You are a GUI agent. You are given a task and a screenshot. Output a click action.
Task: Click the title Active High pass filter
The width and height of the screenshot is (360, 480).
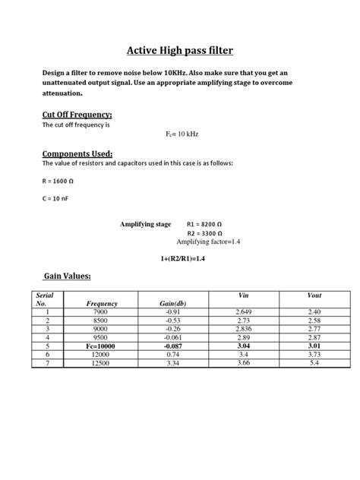179,51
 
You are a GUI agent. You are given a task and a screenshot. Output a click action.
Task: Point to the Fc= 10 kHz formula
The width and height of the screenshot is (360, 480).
181,133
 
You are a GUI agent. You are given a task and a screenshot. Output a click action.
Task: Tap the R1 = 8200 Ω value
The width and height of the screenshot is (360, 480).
205,225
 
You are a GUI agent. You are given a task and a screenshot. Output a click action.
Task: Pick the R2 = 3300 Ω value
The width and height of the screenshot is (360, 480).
205,233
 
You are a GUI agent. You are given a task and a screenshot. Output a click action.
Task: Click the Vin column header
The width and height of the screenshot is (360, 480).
243,295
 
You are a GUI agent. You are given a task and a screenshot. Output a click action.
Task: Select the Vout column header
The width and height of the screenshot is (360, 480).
314,295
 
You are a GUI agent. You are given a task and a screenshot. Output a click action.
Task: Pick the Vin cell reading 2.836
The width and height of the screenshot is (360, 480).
243,328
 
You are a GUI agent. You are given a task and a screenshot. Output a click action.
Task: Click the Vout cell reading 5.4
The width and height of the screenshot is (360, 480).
314,362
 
